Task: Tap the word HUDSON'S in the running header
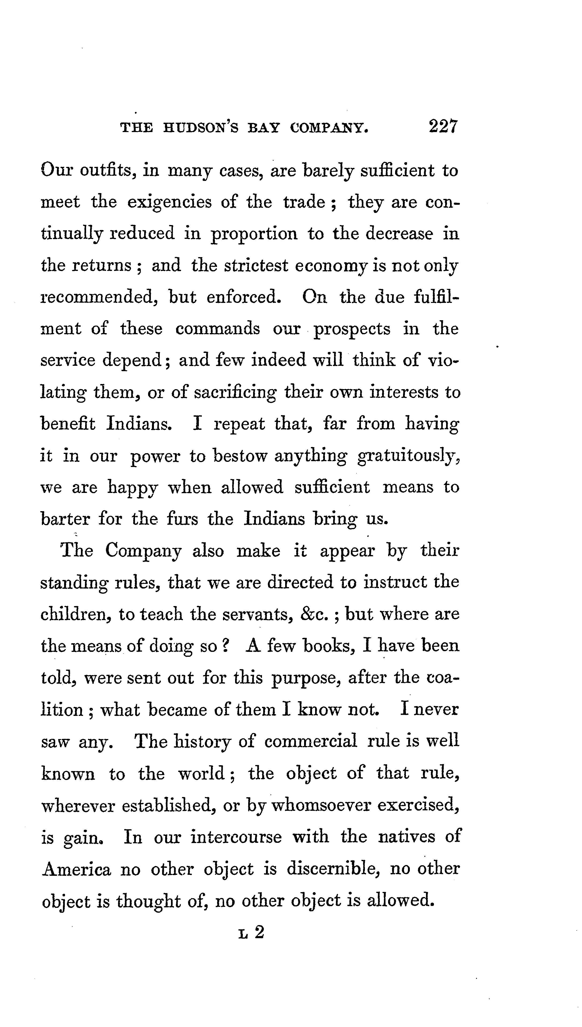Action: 201,128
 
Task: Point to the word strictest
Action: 256,266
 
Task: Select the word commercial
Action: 311,741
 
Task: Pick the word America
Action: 77,869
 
